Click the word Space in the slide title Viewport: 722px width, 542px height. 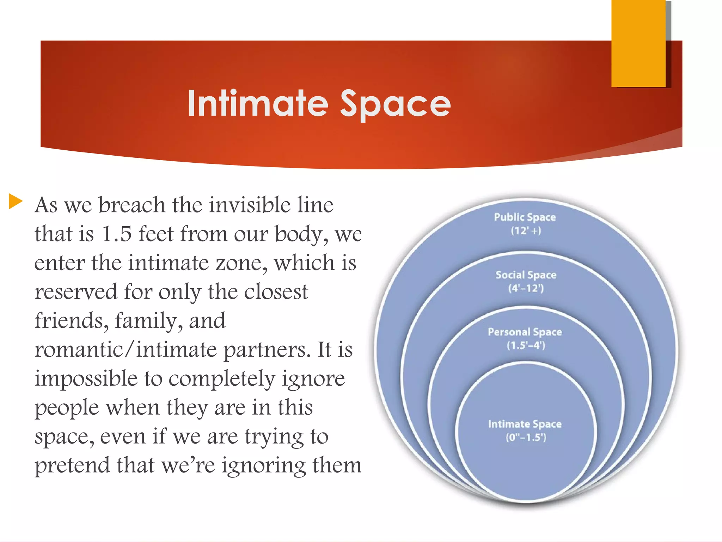pyautogui.click(x=395, y=104)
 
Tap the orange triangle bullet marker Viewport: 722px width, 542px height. pyautogui.click(x=15, y=201)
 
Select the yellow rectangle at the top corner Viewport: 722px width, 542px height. pyautogui.click(x=638, y=43)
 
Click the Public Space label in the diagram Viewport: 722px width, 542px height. pyautogui.click(x=525, y=217)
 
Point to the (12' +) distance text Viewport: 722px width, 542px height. pyautogui.click(x=526, y=231)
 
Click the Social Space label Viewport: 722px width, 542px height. pyautogui.click(x=526, y=275)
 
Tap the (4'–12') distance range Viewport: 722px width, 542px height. pyautogui.click(x=526, y=288)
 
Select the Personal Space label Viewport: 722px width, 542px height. pyautogui.click(x=525, y=332)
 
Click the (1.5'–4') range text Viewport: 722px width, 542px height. pyautogui.click(x=526, y=345)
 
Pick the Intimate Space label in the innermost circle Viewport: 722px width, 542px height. pyautogui.click(x=525, y=424)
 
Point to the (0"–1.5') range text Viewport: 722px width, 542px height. pyautogui.click(x=526, y=438)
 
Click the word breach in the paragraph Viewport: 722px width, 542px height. pyautogui.click(x=131, y=205)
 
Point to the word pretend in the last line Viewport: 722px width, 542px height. pyautogui.click(x=72, y=466)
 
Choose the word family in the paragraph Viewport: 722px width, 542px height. pyautogui.click(x=148, y=321)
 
